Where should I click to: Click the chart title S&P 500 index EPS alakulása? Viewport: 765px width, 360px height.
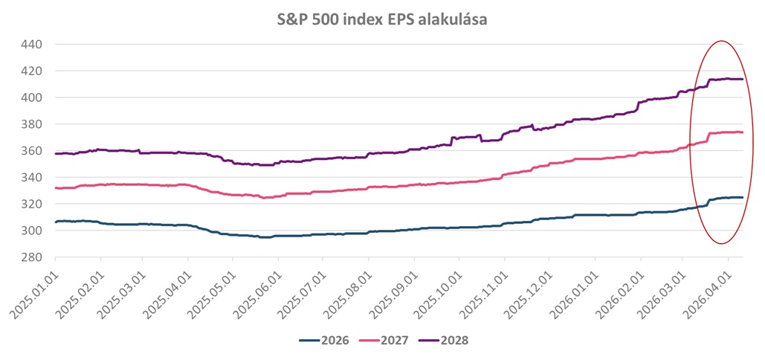coord(381,20)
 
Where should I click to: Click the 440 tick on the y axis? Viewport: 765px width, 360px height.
coord(30,45)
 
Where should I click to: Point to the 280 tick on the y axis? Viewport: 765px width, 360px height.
coord(30,257)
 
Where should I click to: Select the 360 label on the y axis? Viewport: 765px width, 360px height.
coord(30,151)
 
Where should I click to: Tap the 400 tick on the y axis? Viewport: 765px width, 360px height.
coord(30,97)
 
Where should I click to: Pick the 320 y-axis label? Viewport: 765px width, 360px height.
coord(30,205)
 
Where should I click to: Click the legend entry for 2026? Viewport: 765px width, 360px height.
coord(322,341)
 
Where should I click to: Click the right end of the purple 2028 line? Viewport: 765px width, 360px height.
coord(743,79)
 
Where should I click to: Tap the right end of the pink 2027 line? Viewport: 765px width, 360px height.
coord(743,132)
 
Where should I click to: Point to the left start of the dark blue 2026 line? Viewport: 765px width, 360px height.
coord(55,222)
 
